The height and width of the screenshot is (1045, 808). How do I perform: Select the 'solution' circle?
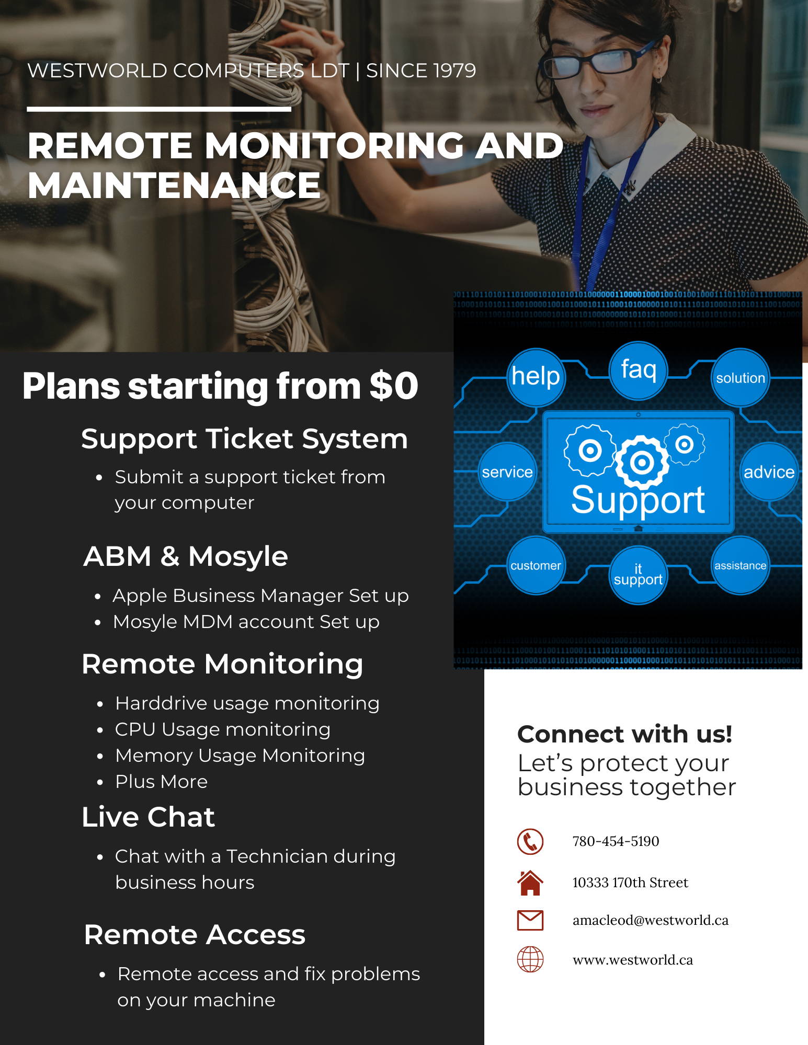coord(740,378)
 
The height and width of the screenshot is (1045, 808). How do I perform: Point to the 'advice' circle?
coord(769,472)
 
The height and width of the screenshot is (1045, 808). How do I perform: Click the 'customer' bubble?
coord(536,565)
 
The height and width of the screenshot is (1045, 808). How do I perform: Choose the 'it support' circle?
coord(638,575)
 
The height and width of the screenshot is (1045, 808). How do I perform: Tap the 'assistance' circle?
coord(740,565)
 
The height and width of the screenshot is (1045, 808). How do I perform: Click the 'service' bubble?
coord(507,472)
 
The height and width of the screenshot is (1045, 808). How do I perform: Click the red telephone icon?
coord(530,841)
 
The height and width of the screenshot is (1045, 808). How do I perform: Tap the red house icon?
coord(530,883)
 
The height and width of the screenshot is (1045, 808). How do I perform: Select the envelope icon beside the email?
coord(530,920)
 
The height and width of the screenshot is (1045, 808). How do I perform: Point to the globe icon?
coord(530,959)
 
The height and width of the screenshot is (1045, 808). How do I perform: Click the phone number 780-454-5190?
coord(616,841)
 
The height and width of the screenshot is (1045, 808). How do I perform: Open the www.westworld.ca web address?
coord(633,960)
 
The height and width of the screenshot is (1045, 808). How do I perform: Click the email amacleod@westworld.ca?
coord(651,920)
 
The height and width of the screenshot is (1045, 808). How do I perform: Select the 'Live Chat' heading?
coord(149,817)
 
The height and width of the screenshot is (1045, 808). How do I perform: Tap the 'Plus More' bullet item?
coord(161,782)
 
